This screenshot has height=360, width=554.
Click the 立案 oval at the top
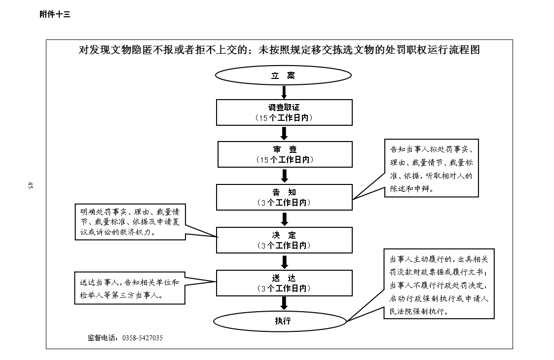pyautogui.click(x=283, y=75)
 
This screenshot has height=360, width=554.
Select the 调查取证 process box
pyautogui.click(x=285, y=112)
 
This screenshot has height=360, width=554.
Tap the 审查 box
pyautogui.click(x=285, y=154)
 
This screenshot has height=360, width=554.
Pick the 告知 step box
pyautogui.click(x=285, y=197)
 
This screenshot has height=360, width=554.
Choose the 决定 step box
pyautogui.click(x=285, y=240)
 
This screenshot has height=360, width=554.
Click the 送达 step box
pyautogui.click(x=285, y=283)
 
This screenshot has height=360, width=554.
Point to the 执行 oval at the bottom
pyautogui.click(x=280, y=321)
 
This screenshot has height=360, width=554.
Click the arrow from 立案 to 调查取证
pyautogui.click(x=284, y=92)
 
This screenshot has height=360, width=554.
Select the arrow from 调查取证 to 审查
pyautogui.click(x=284, y=134)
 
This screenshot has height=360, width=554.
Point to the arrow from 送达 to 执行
pyautogui.click(x=284, y=303)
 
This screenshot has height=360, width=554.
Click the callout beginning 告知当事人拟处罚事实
pyautogui.click(x=431, y=168)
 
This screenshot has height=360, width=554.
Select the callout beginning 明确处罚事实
pyautogui.click(x=130, y=222)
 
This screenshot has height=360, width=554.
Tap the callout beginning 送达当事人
pyautogui.click(x=130, y=288)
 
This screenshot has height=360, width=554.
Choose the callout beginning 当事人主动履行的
pyautogui.click(x=439, y=284)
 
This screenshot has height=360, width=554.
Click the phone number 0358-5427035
pyautogui.click(x=143, y=338)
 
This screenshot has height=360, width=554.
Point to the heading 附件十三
pyautogui.click(x=55, y=14)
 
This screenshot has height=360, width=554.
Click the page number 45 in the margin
pyautogui.click(x=31, y=185)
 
